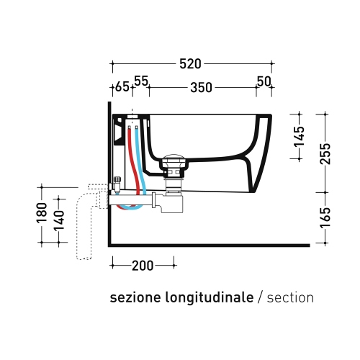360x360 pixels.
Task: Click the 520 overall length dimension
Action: click(190, 64)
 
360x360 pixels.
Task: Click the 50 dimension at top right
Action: click(264, 81)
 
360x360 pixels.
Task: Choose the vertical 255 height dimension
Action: click(325, 153)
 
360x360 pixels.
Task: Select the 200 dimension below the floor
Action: click(143, 266)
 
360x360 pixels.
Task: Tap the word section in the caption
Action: click(290, 297)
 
